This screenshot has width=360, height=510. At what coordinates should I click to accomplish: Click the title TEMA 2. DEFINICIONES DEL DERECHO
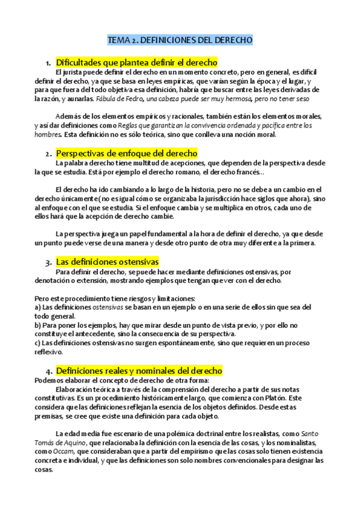click(180, 40)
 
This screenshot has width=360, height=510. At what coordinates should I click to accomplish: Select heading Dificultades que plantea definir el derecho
click(136, 63)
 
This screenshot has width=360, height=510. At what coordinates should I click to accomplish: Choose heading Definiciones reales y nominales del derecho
click(139, 370)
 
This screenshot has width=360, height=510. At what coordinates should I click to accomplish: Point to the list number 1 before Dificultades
click(47, 63)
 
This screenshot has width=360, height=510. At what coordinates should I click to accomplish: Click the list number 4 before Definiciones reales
click(47, 371)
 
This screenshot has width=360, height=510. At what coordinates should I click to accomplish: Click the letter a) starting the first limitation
click(37, 307)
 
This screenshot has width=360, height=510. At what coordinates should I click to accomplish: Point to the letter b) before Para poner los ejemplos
click(38, 325)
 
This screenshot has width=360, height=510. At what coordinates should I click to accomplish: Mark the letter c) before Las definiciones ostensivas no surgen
click(37, 343)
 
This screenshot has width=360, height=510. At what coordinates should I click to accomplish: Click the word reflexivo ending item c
click(49, 352)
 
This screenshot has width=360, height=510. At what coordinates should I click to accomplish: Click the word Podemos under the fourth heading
click(50, 380)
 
